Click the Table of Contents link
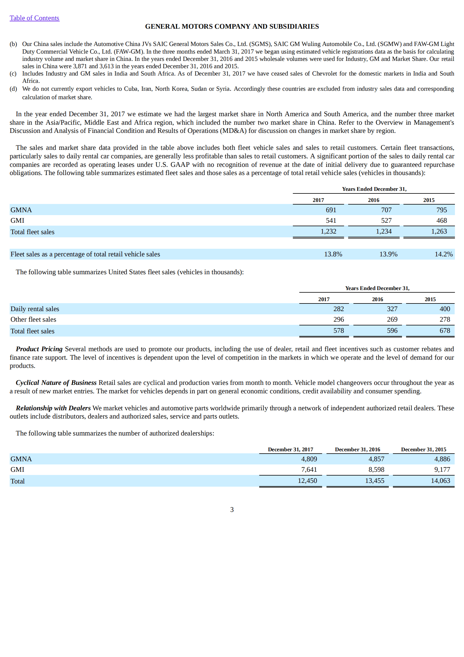point(34,18)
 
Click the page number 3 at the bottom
point(232,510)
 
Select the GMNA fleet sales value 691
point(331,210)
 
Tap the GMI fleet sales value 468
point(441,220)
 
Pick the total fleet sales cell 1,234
point(384,231)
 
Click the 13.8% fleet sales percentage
point(333,254)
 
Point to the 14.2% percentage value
point(444,254)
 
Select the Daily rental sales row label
point(35,309)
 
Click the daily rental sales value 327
point(392,309)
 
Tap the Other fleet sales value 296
point(338,319)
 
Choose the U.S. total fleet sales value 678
point(445,330)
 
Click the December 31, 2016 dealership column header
point(357,449)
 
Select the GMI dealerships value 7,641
point(309,469)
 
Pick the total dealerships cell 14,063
point(440,481)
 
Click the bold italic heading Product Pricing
point(39,349)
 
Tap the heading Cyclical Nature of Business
point(56,382)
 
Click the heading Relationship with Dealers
point(53,408)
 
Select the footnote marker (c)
point(13,73)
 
